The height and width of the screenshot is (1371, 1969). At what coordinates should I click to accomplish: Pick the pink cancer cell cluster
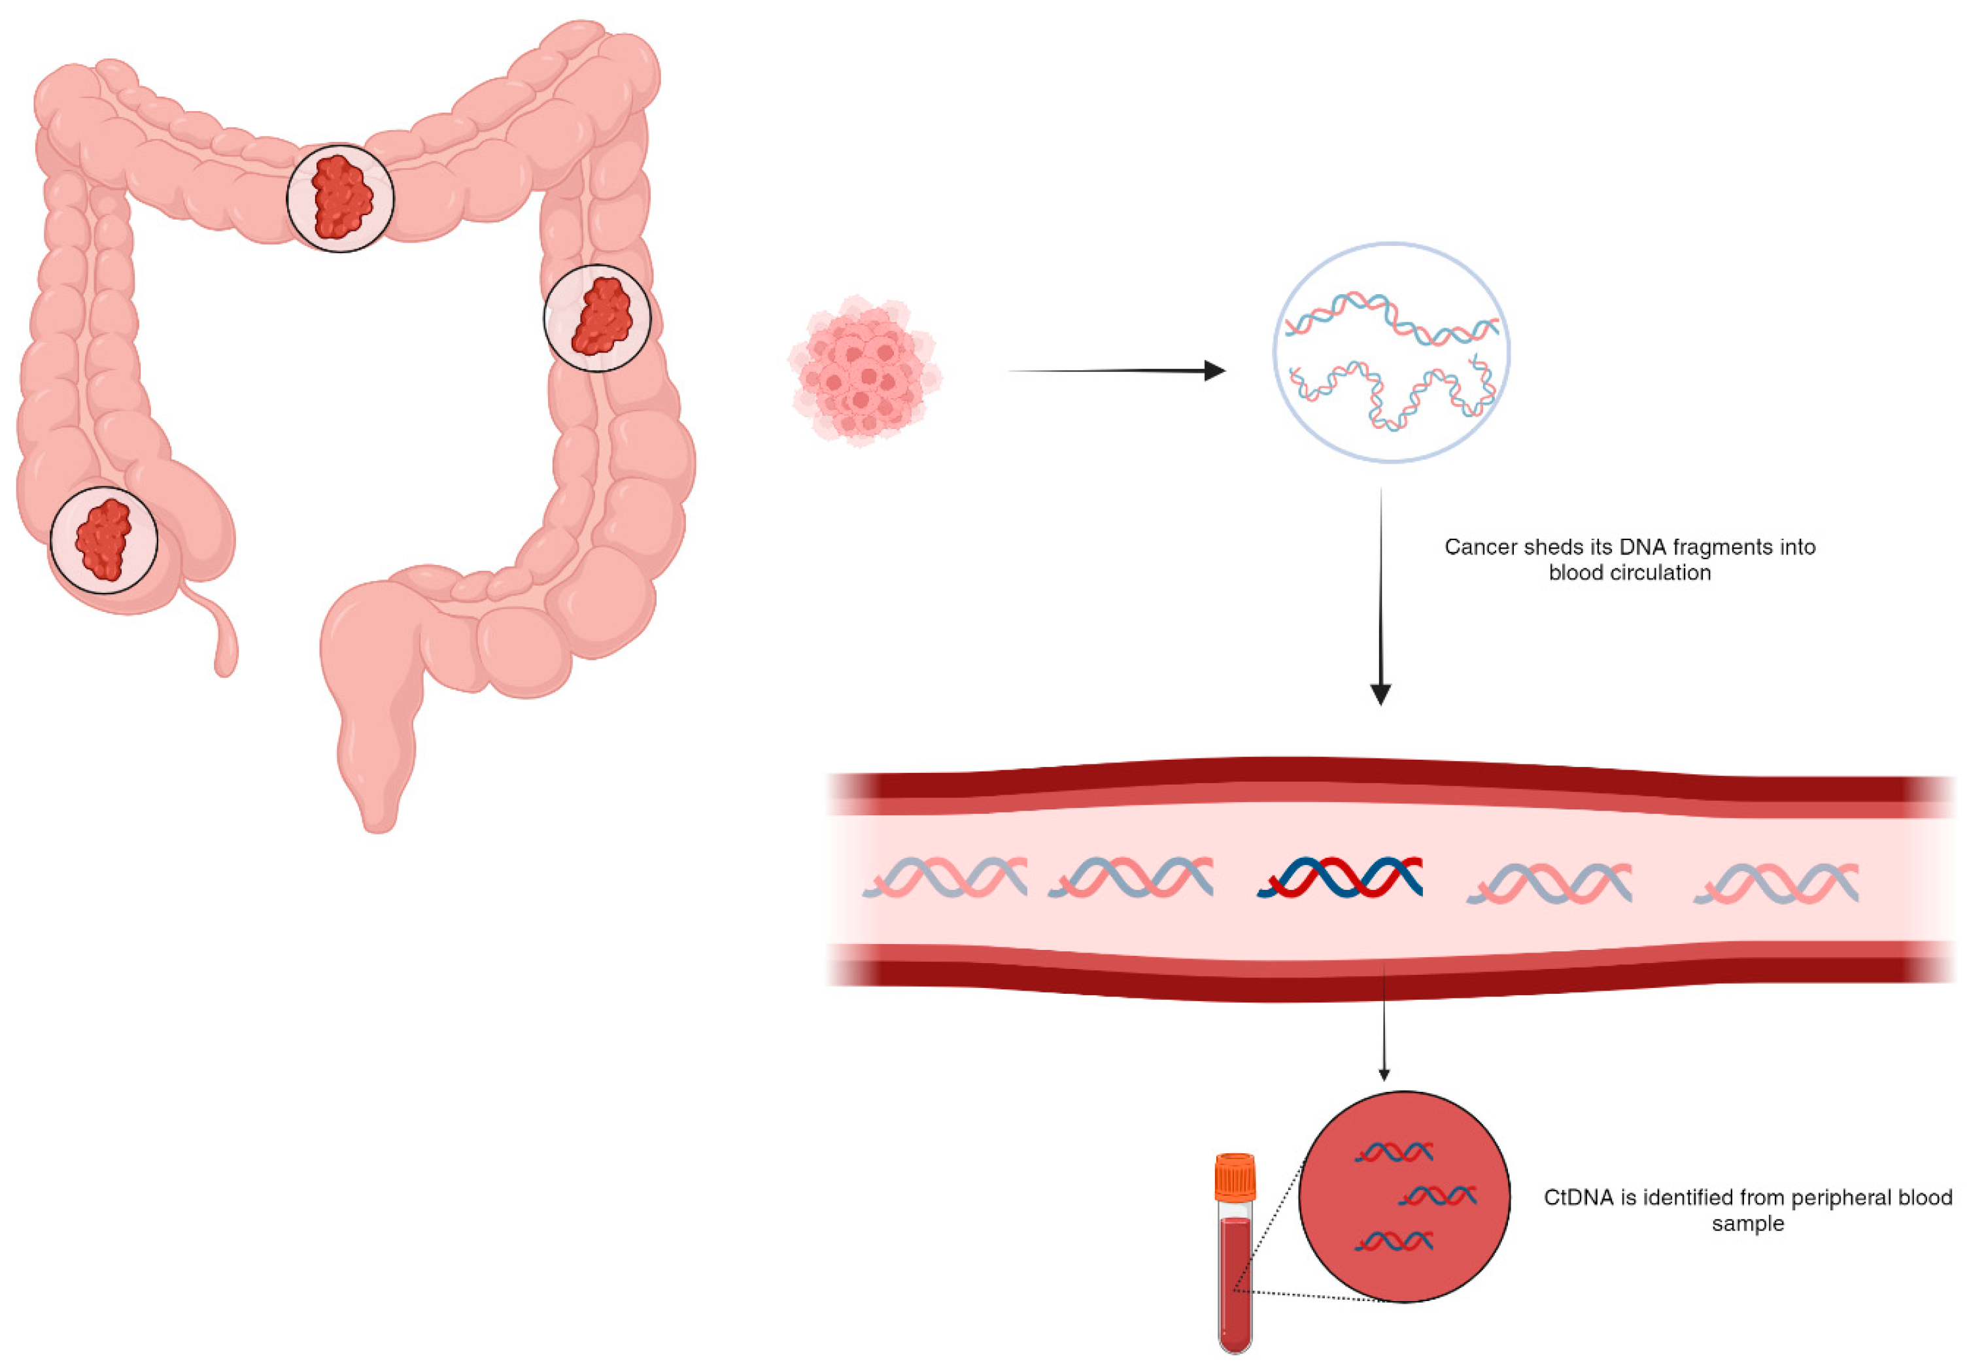(x=865, y=371)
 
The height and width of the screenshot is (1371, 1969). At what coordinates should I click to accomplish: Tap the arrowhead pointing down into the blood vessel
(x=1380, y=693)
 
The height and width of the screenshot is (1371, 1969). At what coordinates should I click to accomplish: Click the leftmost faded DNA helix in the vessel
(x=946, y=877)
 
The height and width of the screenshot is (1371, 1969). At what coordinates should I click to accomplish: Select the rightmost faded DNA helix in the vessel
(x=1776, y=884)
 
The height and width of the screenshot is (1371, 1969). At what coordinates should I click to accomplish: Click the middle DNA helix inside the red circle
(x=1437, y=1196)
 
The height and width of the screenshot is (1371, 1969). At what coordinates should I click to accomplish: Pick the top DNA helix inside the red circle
(x=1394, y=1153)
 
